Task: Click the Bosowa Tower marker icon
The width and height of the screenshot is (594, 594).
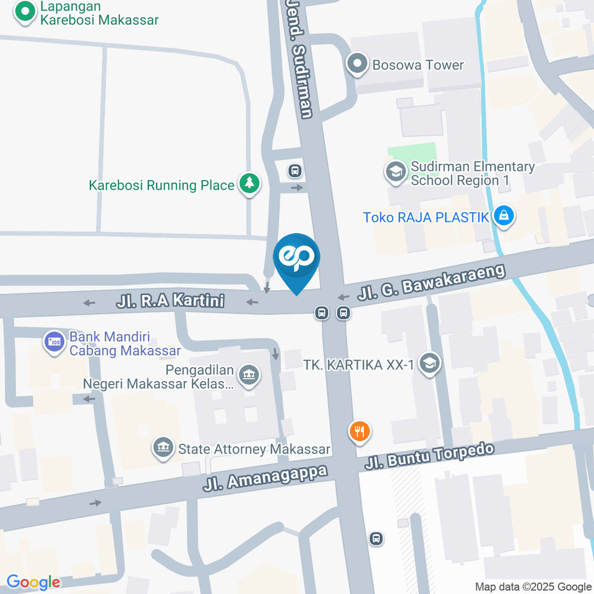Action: point(357,65)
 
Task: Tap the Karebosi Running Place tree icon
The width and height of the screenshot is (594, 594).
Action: point(249,184)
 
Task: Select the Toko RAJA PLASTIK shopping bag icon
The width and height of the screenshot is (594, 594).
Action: point(504,217)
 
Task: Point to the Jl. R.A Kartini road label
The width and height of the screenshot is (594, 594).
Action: point(170,302)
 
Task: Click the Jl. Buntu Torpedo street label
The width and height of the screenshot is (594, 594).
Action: point(429,455)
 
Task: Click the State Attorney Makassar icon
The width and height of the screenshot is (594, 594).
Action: point(163,448)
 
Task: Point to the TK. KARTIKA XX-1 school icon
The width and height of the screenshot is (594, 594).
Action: point(428,364)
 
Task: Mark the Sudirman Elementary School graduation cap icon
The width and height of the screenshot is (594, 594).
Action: point(395,171)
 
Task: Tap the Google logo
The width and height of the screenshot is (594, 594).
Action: point(33,582)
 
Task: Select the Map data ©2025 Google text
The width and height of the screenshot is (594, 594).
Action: point(533,587)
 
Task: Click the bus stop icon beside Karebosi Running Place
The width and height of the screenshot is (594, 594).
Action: point(295,170)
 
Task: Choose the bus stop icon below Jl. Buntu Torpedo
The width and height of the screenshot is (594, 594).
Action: point(376,538)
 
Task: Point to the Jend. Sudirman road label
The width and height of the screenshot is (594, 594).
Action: point(300,59)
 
